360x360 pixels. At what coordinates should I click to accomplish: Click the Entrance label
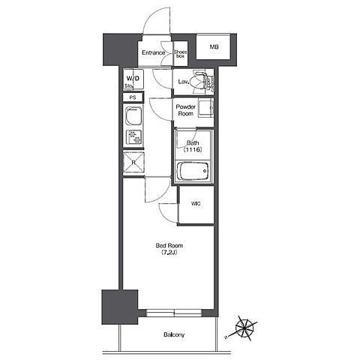click(154, 52)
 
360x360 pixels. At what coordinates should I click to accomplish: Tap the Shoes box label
click(180, 54)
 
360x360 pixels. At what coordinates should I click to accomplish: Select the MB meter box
click(213, 47)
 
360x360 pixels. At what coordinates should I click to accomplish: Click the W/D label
click(133, 79)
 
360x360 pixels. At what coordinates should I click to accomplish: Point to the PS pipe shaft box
click(133, 97)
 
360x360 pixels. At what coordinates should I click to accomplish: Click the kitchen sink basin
click(133, 115)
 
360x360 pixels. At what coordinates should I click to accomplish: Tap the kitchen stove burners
click(133, 137)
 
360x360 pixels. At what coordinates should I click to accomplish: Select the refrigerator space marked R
click(133, 162)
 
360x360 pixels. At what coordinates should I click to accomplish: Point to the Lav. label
click(184, 82)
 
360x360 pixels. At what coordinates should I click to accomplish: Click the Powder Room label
click(185, 110)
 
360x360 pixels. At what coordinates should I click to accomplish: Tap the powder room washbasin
click(206, 108)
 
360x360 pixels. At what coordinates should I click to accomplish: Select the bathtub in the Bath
click(193, 171)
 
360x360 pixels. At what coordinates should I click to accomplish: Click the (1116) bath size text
click(193, 150)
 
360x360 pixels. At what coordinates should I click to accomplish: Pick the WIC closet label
click(196, 204)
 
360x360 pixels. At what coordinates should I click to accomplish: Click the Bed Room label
click(169, 245)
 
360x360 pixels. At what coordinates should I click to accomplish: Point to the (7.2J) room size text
click(169, 253)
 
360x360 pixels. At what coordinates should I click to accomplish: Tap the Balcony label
click(174, 334)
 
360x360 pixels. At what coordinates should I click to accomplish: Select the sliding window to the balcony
click(174, 313)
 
